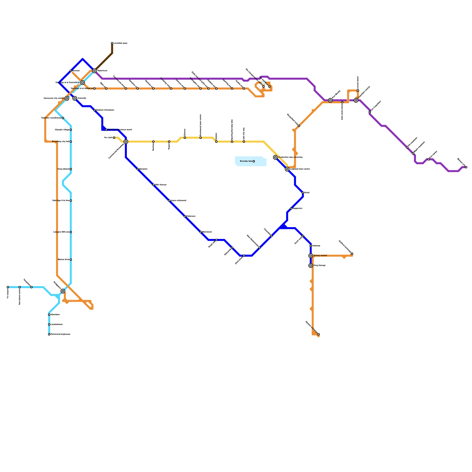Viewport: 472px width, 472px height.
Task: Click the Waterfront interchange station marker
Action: pos(94,71)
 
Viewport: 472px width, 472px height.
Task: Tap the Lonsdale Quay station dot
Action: pos(112,43)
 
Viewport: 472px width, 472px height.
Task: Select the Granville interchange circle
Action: pos(75,98)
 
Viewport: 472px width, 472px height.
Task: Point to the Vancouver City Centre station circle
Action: pos(67,98)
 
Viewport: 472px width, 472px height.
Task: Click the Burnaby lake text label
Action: pos(246,161)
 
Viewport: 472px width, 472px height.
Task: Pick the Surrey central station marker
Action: pos(311,255)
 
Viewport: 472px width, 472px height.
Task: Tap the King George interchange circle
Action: pos(311,265)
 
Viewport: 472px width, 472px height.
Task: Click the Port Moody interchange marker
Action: pos(330,100)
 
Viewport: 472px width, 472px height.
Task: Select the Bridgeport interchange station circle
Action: pos(63,291)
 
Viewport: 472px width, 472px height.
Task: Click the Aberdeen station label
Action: pos(55,315)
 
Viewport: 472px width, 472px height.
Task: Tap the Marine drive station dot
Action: pos(71,260)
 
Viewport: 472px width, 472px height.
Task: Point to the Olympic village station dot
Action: pos(71,130)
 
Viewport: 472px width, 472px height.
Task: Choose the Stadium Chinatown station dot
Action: pos(94,110)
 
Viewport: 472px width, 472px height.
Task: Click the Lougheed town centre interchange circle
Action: pos(287,169)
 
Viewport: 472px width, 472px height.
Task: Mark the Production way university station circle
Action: pos(275,157)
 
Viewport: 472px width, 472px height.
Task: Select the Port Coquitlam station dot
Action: pos(370,112)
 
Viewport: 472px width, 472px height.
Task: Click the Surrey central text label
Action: pos(320,255)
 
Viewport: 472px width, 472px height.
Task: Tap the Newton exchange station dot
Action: pos(319,334)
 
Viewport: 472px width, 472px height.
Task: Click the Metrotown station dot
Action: pos(201,232)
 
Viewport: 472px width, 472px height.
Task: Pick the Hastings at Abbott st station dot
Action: pos(94,88)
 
